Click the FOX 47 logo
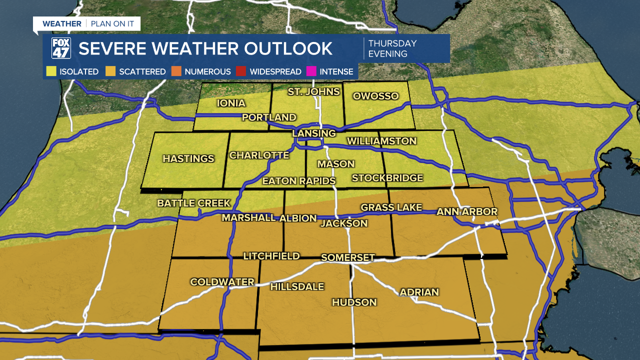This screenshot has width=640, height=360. [x=61, y=48]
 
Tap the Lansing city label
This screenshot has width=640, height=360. [x=314, y=133]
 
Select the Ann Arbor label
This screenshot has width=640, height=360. [x=467, y=212]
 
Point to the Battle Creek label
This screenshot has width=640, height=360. [x=194, y=203]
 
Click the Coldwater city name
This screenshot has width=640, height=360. [x=222, y=282]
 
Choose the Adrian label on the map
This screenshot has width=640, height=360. [x=419, y=292]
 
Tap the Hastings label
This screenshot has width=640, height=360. [x=188, y=158]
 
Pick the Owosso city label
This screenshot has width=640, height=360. [x=375, y=96]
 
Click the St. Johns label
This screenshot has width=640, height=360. [x=313, y=91]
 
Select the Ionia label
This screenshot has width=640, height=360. [x=231, y=103]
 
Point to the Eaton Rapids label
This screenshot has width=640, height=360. [x=299, y=180]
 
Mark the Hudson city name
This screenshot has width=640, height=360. [x=354, y=302]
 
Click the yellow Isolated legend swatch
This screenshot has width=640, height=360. [x=50, y=71]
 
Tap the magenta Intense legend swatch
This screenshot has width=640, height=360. [x=311, y=71]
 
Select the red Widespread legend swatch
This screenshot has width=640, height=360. [x=241, y=71]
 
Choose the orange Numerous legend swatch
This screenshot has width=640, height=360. [x=176, y=71]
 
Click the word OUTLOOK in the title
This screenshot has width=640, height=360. [x=283, y=48]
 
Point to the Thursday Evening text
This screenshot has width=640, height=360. [x=392, y=48]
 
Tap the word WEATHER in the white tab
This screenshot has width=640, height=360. [x=61, y=23]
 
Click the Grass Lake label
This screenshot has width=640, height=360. [x=391, y=207]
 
